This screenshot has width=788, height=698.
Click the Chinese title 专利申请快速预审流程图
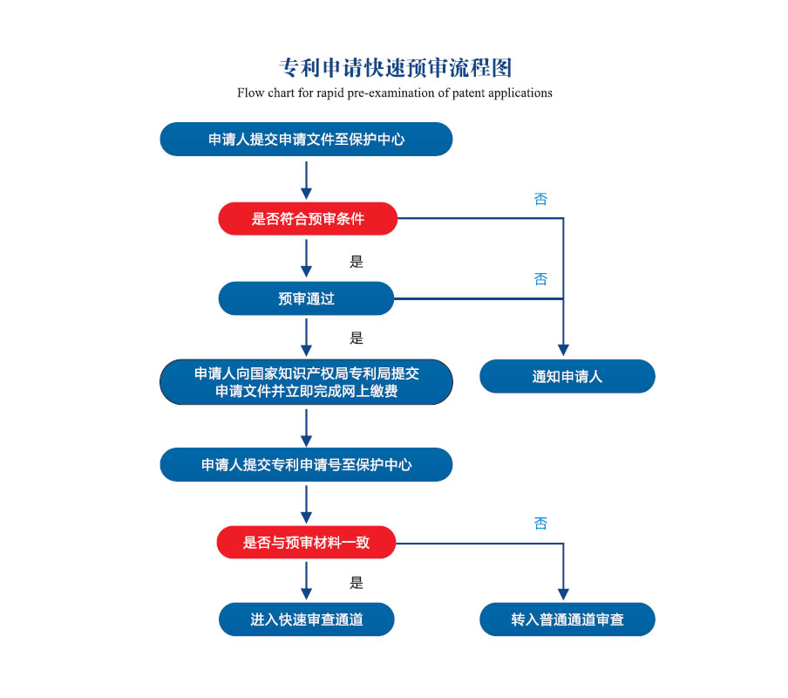pyautogui.click(x=396, y=68)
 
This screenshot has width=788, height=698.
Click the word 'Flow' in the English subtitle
pyautogui.click(x=250, y=93)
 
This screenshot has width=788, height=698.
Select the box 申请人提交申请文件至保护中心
pyautogui.click(x=306, y=140)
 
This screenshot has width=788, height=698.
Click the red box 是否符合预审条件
pyautogui.click(x=308, y=219)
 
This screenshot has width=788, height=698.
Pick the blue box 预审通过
pyautogui.click(x=306, y=298)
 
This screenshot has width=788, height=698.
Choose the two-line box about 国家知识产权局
pyautogui.click(x=306, y=382)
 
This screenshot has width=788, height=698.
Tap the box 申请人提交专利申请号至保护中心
pyautogui.click(x=306, y=465)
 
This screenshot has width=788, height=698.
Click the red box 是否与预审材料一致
pyautogui.click(x=306, y=543)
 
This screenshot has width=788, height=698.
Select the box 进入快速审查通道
pyautogui.click(x=307, y=619)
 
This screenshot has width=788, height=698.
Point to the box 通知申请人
pyautogui.click(x=567, y=377)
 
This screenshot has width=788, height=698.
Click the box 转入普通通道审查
pyautogui.click(x=567, y=619)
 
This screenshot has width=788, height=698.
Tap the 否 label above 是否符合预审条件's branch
pyautogui.click(x=540, y=199)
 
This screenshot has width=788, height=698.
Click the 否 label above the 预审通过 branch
pyautogui.click(x=540, y=279)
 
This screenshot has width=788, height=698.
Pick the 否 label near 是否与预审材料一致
pyautogui.click(x=540, y=523)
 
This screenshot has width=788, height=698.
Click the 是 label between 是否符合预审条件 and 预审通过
pyautogui.click(x=357, y=262)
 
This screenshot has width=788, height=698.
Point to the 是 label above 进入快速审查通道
pyautogui.click(x=357, y=583)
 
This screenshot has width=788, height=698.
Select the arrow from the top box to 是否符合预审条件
pyautogui.click(x=306, y=181)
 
